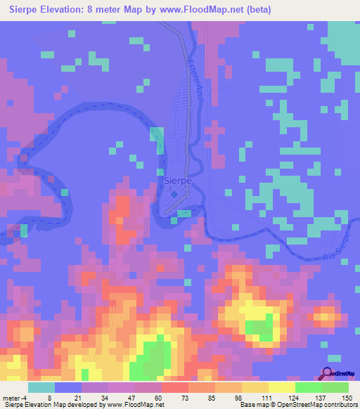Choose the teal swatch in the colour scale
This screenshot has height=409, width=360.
(x=41, y=387)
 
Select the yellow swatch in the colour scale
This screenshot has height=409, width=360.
(x=282, y=387)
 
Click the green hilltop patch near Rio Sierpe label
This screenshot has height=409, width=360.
(x=260, y=325)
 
